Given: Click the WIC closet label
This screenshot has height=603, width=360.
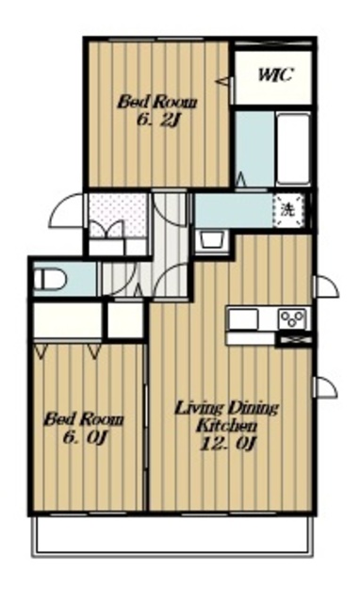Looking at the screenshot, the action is (276, 74).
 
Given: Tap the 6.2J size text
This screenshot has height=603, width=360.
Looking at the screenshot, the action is (159, 121).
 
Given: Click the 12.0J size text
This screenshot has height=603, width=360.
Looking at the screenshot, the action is (227, 443).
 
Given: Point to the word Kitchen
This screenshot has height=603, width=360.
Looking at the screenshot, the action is (227, 425).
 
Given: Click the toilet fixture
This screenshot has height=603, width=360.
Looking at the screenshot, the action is (50, 279).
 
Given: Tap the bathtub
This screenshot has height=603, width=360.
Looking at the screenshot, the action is (293, 149).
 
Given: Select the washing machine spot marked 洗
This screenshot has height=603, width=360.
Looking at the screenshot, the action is (288, 210).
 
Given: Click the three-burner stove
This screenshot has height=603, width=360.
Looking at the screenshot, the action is (293, 318).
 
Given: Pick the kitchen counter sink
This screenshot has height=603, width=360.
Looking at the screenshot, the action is (243, 319).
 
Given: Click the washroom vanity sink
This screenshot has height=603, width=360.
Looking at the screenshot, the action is (212, 241).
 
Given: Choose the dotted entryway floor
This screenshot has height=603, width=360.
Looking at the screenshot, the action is (119, 216).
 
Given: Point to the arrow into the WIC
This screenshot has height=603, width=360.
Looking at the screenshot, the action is (224, 81).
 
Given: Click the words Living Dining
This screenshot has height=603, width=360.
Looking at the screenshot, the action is (226, 408).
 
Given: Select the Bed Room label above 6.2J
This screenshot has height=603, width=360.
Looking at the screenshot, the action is (157, 103).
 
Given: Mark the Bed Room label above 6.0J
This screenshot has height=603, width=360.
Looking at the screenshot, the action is (84, 419).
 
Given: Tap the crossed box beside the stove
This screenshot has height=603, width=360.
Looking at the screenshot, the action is (295, 340).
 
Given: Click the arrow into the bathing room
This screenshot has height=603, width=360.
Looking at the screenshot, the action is (241, 180).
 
